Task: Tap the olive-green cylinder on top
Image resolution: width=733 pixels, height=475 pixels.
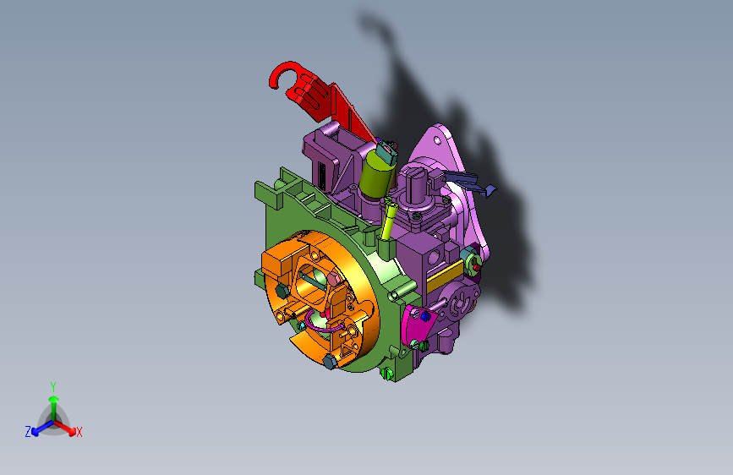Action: [x=377, y=174]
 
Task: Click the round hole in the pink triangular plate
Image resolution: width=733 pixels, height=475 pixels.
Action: [x=437, y=139]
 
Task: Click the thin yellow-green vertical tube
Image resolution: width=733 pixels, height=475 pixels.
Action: [x=387, y=219]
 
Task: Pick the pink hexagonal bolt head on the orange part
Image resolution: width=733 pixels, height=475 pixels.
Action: [x=332, y=279]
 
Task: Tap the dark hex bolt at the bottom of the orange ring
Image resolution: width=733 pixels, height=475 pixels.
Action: [x=330, y=361]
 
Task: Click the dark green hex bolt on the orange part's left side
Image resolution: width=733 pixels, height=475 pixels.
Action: [x=282, y=292]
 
